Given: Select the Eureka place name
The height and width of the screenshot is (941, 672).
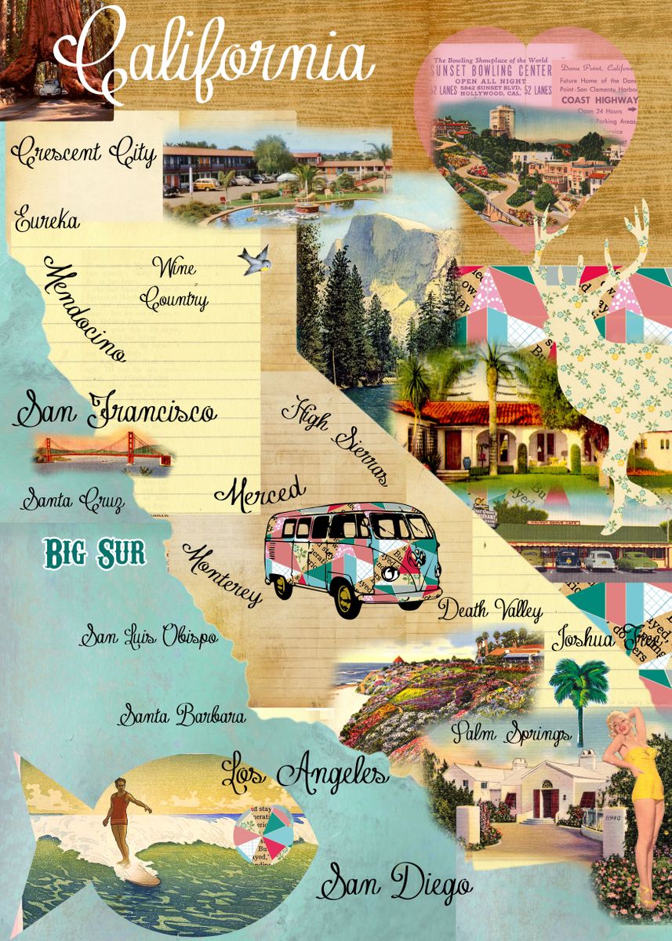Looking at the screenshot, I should click(47, 219).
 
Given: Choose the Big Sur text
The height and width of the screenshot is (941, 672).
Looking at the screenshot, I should click(95, 553).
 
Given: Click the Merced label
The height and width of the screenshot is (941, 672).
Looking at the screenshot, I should click(260, 493).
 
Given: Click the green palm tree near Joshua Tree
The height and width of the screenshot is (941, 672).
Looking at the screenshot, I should click(579, 682).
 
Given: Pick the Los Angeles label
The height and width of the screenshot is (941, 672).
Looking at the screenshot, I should click(304, 772).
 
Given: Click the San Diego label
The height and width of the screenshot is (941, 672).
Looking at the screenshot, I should click(394, 884).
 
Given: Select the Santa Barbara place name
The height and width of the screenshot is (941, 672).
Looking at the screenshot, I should click(182, 715).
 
